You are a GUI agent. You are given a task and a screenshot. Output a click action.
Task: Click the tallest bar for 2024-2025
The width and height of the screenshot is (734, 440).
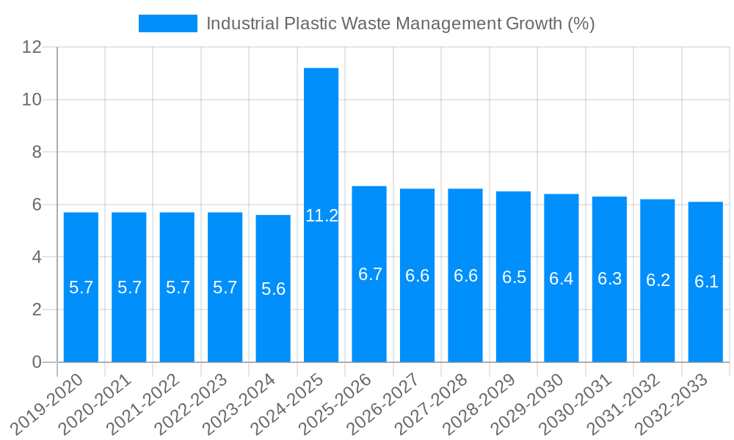click(x=321, y=147)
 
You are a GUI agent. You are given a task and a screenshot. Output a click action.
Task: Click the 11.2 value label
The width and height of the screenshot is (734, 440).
click(x=321, y=216)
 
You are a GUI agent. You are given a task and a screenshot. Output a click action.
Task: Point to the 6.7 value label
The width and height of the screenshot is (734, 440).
click(x=370, y=274)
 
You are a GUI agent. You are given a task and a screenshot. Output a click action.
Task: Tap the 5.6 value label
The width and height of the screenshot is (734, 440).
click(x=273, y=289)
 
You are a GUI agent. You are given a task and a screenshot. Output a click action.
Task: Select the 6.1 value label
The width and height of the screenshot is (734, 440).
click(x=706, y=281)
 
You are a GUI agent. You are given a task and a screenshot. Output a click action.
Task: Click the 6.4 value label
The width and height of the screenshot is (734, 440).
click(x=562, y=279)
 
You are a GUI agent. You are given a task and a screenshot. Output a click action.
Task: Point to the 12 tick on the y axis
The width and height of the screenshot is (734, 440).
click(x=32, y=47)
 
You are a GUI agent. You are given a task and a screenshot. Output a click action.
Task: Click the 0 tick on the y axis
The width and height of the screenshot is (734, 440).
click(x=37, y=362)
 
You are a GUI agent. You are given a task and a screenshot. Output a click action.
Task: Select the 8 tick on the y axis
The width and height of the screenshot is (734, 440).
click(x=37, y=152)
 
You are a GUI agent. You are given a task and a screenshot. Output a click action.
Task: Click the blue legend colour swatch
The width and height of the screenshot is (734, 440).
click(x=168, y=23)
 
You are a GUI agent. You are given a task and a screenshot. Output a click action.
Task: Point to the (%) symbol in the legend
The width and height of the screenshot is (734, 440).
click(x=581, y=23)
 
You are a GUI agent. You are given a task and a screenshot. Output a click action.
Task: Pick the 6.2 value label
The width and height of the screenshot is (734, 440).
click(x=658, y=280)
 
